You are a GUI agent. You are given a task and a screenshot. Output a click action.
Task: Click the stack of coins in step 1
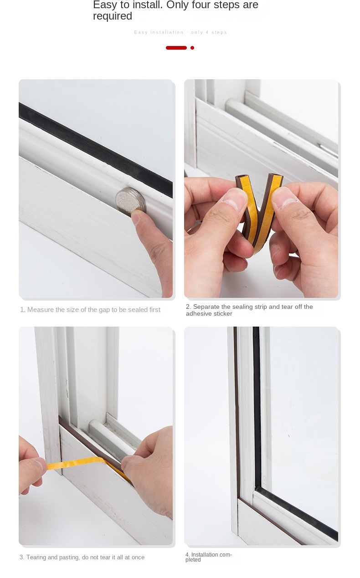coord(131,201)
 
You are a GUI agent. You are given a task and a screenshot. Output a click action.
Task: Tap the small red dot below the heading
coord(192,48)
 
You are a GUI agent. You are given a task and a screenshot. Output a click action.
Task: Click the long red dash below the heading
coord(176,48)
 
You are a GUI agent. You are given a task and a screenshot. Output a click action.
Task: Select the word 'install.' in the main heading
coord(148,5)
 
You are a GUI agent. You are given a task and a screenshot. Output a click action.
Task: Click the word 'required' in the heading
coord(113,16)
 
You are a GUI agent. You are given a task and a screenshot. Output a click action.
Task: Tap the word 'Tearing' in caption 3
coord(36,558)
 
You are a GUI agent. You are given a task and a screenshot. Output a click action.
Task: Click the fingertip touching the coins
coord(137,217)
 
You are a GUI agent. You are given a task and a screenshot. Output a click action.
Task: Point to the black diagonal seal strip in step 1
coord(96,150)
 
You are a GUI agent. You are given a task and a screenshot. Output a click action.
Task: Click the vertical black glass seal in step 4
coord(257,407)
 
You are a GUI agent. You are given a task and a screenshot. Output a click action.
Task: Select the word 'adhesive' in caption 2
coord(198,314)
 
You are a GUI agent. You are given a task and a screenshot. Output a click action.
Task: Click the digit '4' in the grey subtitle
coord(207,32)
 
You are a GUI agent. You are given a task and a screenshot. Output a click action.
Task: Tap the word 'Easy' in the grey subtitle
coord(140,32)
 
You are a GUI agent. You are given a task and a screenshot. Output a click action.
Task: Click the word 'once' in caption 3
coord(138,558)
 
